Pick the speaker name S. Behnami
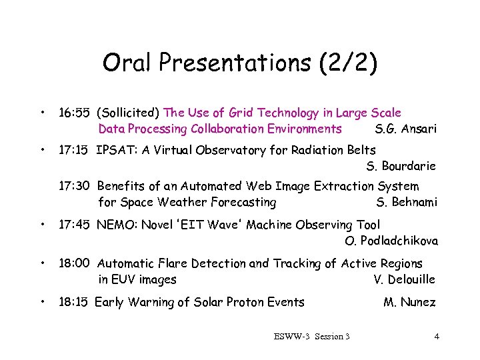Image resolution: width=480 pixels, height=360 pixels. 407,202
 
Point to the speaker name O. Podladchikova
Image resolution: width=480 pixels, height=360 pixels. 391,241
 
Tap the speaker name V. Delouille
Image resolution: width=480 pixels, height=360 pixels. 405,279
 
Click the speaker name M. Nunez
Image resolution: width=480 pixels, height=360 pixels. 409,303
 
